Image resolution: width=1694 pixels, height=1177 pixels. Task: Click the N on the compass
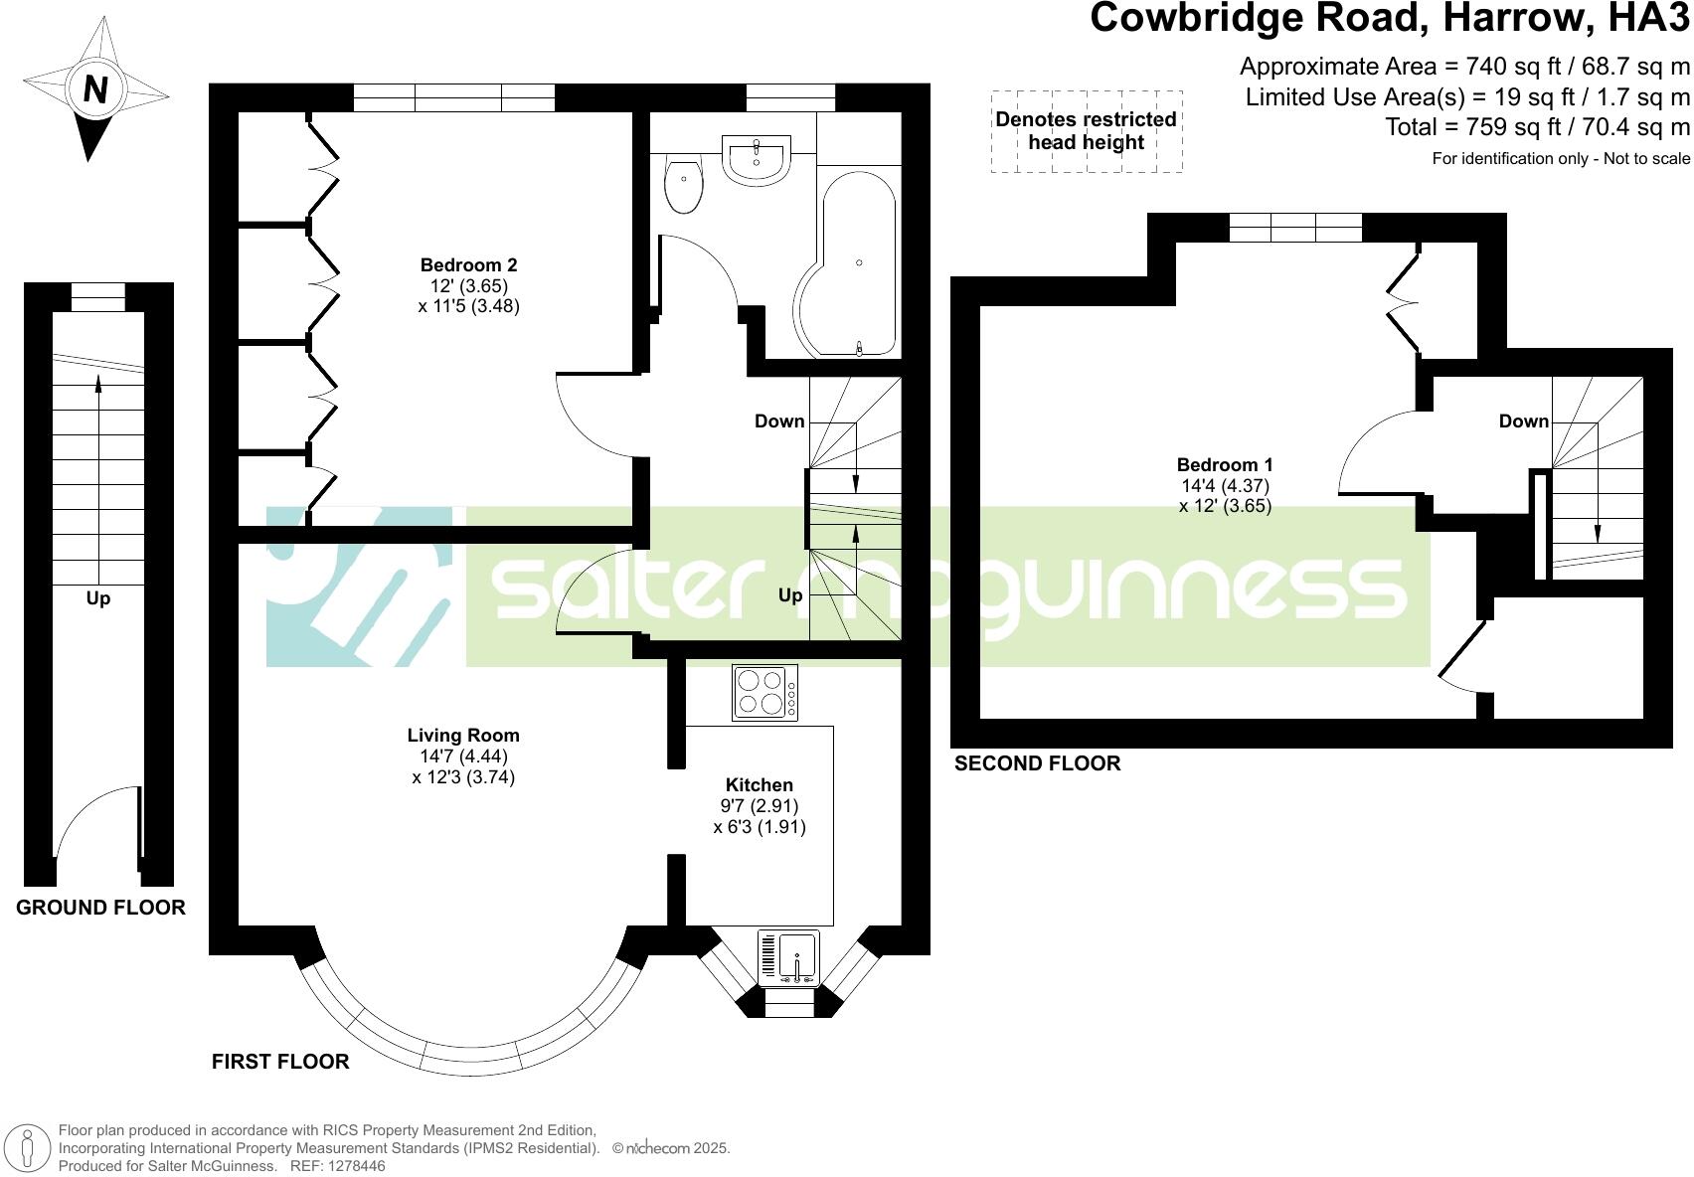95,90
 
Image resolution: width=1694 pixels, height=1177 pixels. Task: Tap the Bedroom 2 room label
468,265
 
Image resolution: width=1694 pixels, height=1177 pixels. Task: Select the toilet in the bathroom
684,187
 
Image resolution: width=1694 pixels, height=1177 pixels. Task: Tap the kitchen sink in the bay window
788,957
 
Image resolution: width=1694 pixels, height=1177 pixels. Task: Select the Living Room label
463,736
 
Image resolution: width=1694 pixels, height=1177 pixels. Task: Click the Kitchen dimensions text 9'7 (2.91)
760,806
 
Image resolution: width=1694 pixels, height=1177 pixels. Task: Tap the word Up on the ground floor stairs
97,598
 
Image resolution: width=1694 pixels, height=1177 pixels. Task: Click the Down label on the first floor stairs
779,421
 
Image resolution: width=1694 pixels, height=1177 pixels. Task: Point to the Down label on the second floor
1523,421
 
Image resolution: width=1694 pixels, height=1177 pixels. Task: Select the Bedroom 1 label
1225,465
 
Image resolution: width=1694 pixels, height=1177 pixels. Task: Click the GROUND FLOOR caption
100,908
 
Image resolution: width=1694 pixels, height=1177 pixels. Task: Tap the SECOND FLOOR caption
1037,763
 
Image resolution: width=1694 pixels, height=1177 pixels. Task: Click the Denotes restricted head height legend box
1087,131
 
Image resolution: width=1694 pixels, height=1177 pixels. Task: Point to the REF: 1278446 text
336,1166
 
